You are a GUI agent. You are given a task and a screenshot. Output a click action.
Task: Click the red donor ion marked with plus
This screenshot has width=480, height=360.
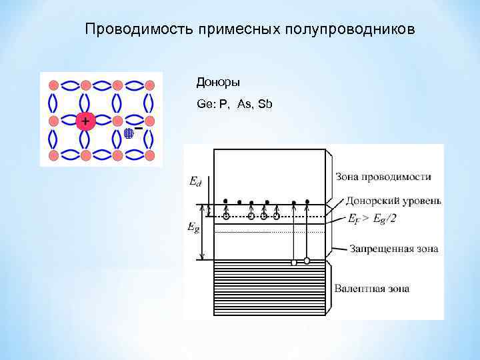85,121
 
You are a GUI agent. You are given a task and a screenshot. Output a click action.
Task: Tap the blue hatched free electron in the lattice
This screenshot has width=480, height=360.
129,133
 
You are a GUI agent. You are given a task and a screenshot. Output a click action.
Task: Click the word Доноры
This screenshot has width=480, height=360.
217,83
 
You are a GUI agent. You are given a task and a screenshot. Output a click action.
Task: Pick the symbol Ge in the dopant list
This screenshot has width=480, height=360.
203,105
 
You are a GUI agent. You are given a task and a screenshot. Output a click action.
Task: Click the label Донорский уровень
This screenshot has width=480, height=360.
393,201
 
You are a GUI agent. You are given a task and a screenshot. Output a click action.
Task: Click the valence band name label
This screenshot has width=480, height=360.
371,289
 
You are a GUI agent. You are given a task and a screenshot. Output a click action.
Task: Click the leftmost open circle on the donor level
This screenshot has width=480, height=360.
226,216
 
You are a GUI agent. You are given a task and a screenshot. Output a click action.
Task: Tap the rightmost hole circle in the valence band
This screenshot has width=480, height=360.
307,260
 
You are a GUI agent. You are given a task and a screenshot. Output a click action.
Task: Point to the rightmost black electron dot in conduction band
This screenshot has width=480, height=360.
307,201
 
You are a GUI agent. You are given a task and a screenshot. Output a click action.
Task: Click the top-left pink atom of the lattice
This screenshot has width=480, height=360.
53,85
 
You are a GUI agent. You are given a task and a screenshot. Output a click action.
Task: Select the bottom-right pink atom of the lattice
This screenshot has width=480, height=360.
150,155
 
